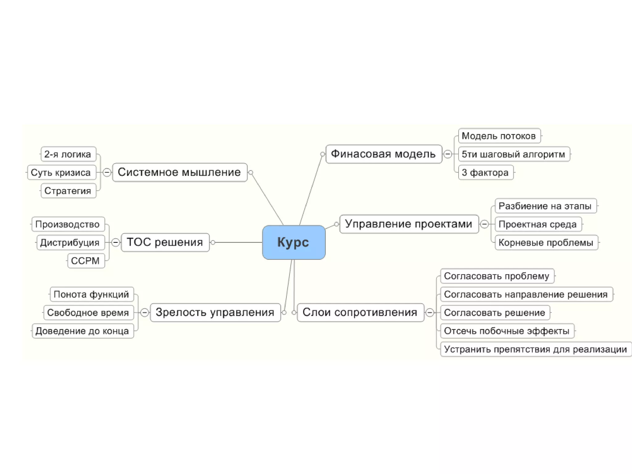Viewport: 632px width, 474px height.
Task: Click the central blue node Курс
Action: [x=293, y=242]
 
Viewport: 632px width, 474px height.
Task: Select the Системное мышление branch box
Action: [x=180, y=172]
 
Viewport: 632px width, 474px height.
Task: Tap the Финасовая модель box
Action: [x=384, y=154]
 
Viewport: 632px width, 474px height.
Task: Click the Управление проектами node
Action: [x=409, y=224]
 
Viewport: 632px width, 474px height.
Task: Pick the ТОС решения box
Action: [x=165, y=242]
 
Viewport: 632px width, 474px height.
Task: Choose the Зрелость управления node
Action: [x=215, y=312]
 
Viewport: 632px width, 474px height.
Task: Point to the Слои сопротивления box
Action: [x=360, y=312]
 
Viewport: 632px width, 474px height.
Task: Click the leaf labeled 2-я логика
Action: [x=68, y=154]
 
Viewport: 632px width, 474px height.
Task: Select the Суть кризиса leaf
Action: [x=61, y=172]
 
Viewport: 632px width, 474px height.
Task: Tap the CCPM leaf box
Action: [x=86, y=261]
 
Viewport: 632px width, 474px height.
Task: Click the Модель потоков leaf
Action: [x=499, y=136]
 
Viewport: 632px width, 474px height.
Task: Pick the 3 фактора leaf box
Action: [x=485, y=172]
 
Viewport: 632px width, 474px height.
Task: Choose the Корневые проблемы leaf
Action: [x=546, y=243]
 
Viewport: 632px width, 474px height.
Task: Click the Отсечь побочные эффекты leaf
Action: [x=507, y=331]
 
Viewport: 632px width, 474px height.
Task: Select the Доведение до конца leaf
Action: [x=82, y=331]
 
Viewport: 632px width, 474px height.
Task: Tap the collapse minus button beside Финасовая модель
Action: [x=447, y=154]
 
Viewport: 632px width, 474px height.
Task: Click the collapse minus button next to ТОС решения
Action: [x=115, y=243]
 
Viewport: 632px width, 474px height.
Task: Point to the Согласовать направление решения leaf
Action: [x=526, y=294]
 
